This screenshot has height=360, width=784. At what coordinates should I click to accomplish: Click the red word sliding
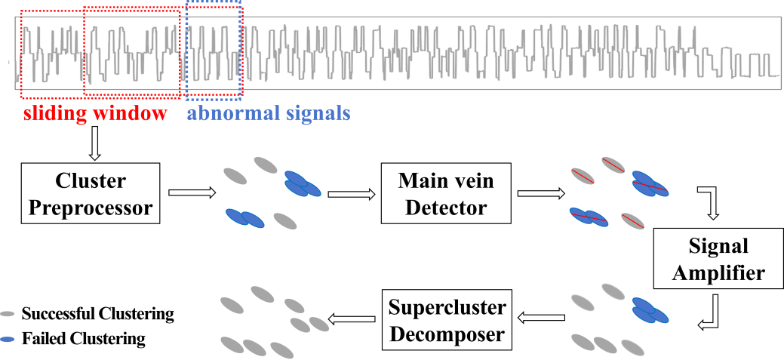pos(56,115)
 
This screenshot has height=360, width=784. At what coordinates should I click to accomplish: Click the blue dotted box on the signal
pos(214,50)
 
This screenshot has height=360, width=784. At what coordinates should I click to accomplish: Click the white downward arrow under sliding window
pos(94,143)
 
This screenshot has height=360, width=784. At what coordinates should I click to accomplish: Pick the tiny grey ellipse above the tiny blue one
pos(8,313)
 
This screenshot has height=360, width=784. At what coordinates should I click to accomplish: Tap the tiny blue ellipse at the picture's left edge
pos(8,340)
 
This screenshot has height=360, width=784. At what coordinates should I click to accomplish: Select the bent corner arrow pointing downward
pos(710,202)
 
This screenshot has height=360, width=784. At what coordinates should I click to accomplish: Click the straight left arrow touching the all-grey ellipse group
pos(352,319)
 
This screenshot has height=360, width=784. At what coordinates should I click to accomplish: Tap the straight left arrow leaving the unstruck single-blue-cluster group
pos(541,319)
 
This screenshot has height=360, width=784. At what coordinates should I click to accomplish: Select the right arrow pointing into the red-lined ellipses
pos(540,194)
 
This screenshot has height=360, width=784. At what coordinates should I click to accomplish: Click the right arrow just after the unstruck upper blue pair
pos(351,194)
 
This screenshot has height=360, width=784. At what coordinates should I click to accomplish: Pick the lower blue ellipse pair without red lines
pos(244,218)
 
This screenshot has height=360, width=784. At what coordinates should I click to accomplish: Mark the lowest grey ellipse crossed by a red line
pos(632,221)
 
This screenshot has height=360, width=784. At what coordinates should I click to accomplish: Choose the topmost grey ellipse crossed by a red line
pos(613,165)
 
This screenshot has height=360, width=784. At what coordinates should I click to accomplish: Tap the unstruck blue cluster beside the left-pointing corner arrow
pos(650,311)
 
